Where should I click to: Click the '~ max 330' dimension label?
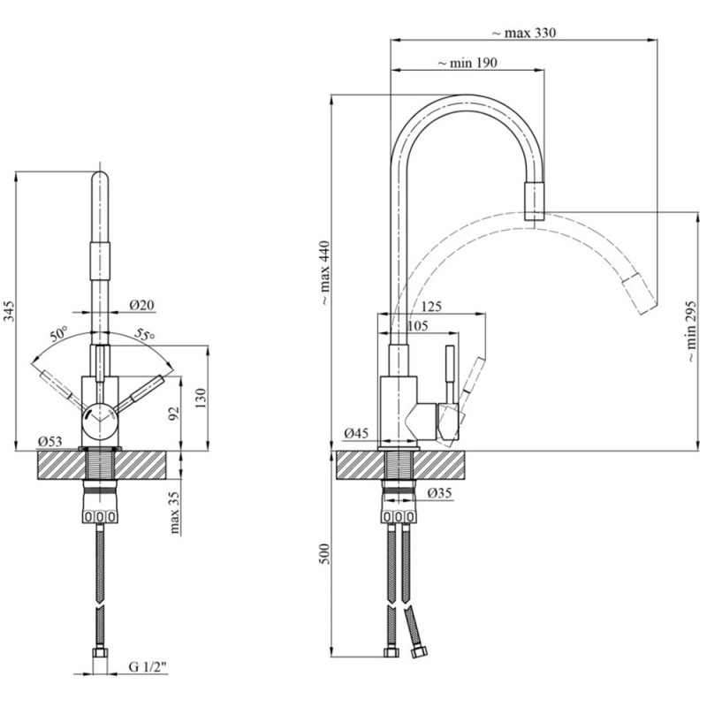pos(523,33)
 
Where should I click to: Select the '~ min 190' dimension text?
pos(468,63)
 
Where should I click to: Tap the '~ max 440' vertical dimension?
pos(325,273)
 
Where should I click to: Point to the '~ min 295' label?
pos(691,331)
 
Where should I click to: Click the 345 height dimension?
pos(10,311)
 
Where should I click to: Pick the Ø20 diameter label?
pos(142,305)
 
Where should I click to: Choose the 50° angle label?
pos(58,334)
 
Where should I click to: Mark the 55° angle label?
pos(145,335)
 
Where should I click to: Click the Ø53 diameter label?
pos(49,441)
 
